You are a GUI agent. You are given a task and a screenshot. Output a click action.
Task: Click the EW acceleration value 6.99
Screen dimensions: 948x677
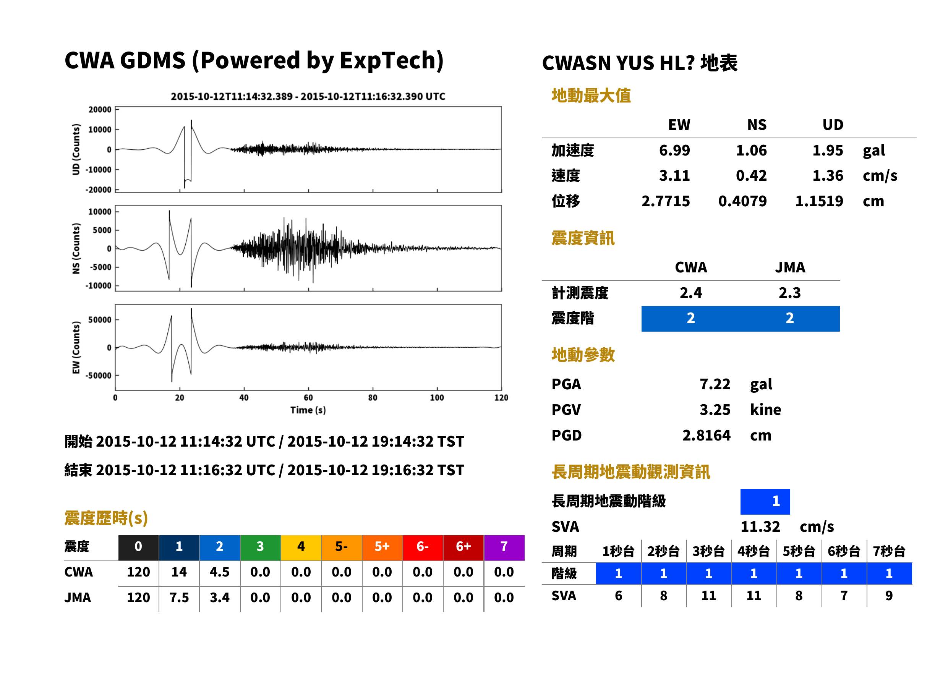coord(674,150)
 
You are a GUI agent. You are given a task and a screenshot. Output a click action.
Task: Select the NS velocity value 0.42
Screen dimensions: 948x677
coord(751,175)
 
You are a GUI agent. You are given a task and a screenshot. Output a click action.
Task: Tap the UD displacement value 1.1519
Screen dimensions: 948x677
coord(819,201)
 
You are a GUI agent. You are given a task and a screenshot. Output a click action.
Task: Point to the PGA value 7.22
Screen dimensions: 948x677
coord(715,384)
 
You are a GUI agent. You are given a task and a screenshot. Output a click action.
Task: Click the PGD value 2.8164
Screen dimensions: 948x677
coord(706,435)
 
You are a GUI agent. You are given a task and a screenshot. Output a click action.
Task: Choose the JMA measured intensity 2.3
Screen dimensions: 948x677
coord(789,293)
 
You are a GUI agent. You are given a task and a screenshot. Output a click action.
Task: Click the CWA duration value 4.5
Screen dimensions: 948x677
coord(220,572)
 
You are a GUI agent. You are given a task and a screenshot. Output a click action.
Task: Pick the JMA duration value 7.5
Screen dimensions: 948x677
coord(179,598)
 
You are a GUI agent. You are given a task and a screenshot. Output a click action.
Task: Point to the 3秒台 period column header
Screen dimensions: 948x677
coord(709,551)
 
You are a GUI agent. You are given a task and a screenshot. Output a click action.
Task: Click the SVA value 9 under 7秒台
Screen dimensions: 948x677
coord(889,596)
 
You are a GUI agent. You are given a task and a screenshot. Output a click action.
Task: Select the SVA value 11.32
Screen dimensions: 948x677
coord(760,526)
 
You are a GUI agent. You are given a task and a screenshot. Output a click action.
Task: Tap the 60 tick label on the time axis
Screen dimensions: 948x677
coord(308,398)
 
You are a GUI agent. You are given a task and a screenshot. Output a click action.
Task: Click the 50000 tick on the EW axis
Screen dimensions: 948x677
coord(100,320)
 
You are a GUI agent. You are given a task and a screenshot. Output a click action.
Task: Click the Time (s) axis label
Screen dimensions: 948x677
coord(308,410)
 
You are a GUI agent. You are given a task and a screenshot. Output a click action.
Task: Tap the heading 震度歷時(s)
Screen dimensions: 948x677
coord(106,518)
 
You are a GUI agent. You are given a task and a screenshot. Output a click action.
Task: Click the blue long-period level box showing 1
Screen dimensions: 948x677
coord(765,502)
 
